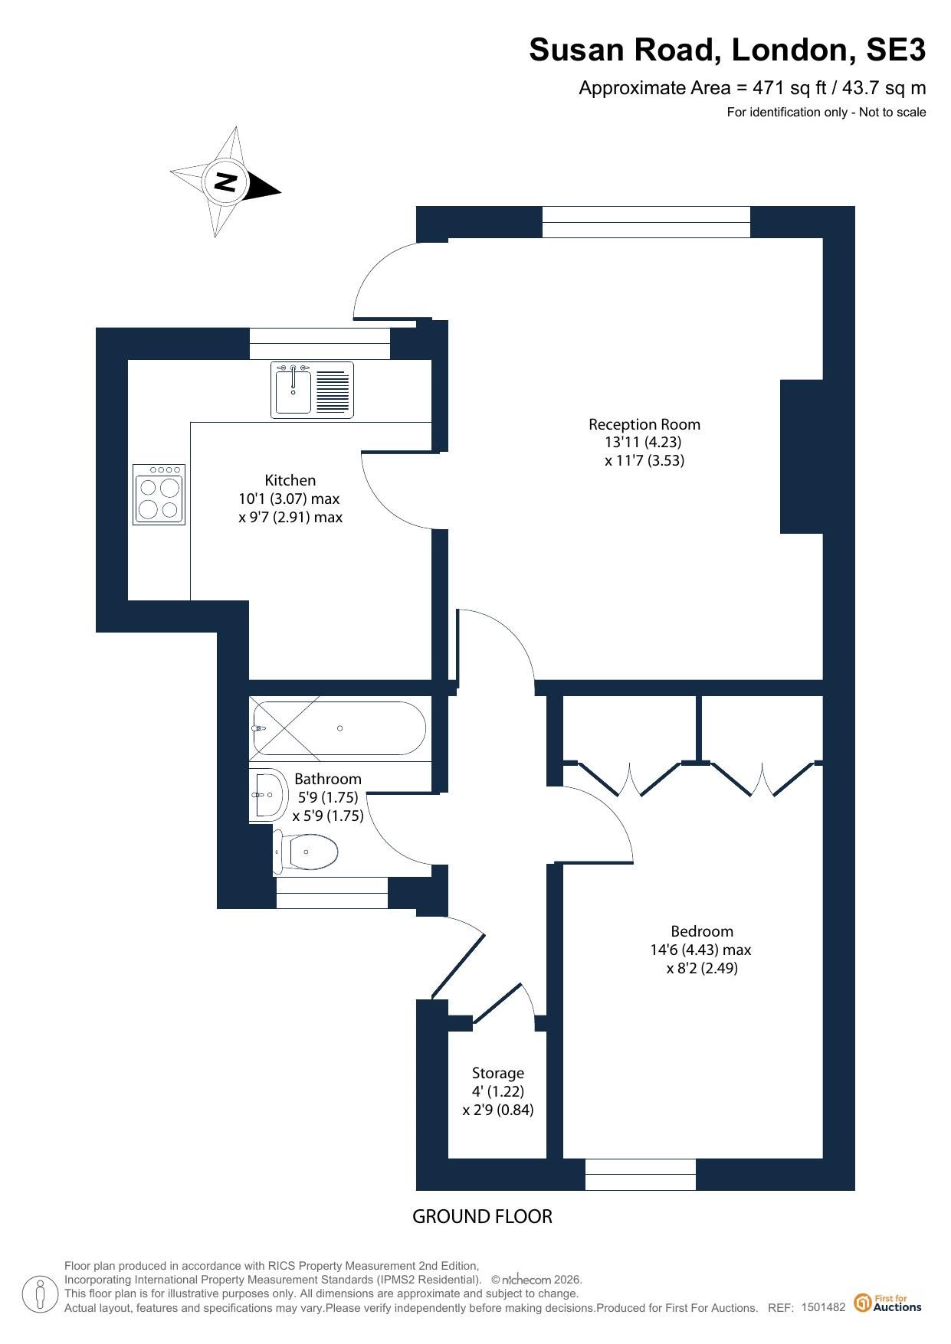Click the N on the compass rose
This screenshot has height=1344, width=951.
[x=225, y=182]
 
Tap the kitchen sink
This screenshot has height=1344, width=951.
[x=312, y=390]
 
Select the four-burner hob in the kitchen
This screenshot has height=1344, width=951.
[x=159, y=494]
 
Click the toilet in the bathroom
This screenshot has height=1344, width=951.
[x=306, y=852]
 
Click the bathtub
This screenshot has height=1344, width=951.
[x=338, y=728]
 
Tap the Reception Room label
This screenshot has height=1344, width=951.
[x=644, y=424]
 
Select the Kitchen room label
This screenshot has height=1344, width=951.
[x=290, y=480]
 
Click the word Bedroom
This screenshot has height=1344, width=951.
[x=702, y=931]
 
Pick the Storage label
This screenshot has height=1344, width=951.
[x=498, y=1073]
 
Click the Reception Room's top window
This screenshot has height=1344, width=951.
[x=646, y=222]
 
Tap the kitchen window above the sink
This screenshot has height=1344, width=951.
[x=320, y=343]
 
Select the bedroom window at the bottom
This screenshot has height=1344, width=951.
[x=641, y=1174]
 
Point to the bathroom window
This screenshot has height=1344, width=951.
[x=332, y=893]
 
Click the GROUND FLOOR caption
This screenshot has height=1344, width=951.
[x=482, y=1216]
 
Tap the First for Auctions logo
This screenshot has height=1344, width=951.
[x=888, y=1303]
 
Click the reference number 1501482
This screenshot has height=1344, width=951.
[x=823, y=1307]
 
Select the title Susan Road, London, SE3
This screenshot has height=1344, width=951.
[x=727, y=50]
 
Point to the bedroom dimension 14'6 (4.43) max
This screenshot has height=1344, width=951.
[x=700, y=950]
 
